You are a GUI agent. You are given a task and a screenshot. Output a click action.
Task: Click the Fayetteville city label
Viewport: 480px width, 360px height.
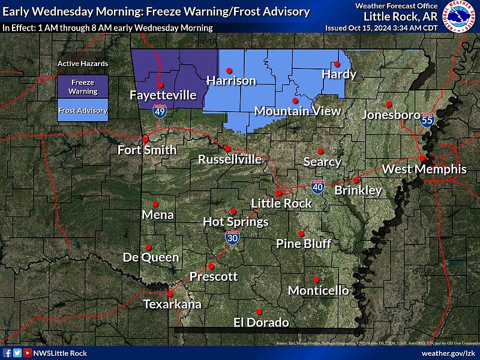point(163,95)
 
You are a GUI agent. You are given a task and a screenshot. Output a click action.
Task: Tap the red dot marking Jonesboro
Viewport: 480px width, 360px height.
point(388,103)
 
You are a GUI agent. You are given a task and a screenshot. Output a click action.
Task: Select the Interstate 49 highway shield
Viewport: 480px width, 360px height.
point(159,111)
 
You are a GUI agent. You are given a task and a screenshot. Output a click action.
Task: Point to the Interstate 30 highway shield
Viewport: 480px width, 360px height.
point(232,238)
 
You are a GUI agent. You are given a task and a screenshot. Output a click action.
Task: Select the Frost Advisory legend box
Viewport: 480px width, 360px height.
point(83,110)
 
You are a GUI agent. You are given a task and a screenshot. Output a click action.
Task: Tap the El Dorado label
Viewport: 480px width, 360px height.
point(261,323)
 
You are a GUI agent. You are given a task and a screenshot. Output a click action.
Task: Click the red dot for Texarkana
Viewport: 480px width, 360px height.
point(170,294)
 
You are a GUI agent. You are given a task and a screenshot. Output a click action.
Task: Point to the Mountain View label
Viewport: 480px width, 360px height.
point(297,111)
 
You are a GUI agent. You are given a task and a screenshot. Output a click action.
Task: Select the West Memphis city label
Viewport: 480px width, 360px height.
point(424,169)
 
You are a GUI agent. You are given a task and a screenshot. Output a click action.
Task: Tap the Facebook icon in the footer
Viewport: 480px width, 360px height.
point(7,353)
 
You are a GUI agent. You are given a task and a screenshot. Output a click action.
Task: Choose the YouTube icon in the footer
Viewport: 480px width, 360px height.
point(27,353)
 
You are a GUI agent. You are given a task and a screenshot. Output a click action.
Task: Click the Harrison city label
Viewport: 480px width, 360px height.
point(231,80)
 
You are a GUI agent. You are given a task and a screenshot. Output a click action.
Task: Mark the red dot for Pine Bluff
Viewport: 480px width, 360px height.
point(301,233)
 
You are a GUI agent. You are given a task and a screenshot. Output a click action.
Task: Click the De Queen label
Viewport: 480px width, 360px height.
point(151,257)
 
